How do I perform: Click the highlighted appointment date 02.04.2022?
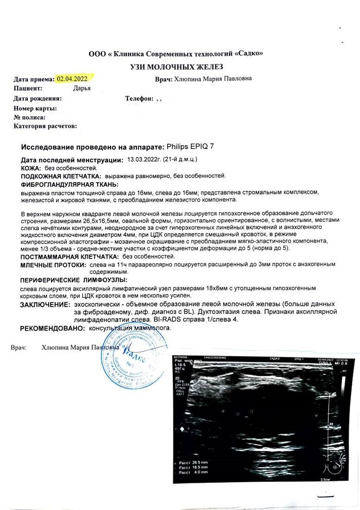[x=72, y=79]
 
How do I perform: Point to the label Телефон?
[x=139, y=98]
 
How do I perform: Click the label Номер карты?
[x=35, y=108]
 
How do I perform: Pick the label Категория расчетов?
[x=45, y=126]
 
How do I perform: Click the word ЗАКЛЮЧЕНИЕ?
[x=44, y=305]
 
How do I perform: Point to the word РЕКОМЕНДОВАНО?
[x=52, y=328]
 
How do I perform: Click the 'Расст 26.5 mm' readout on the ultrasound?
[x=193, y=463]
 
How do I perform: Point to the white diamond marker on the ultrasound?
[x=181, y=428]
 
